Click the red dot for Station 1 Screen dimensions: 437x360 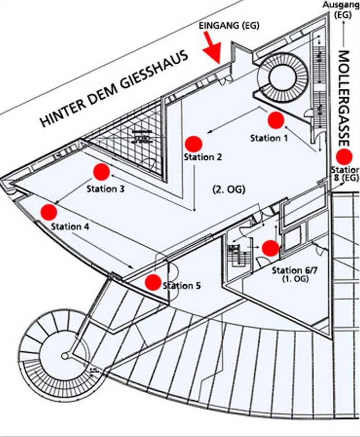pos(276,120)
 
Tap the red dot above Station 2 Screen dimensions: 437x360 pos(193,144)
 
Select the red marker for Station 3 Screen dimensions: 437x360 pos(101,172)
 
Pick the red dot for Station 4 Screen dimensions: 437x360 pos(48,211)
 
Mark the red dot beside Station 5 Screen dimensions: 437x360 pos(153,282)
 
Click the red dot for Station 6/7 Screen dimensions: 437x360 pos(270,248)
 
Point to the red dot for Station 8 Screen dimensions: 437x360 pos(343,157)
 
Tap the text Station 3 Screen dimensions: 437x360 pos(105,189)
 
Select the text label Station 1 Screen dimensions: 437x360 pos(269,138)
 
